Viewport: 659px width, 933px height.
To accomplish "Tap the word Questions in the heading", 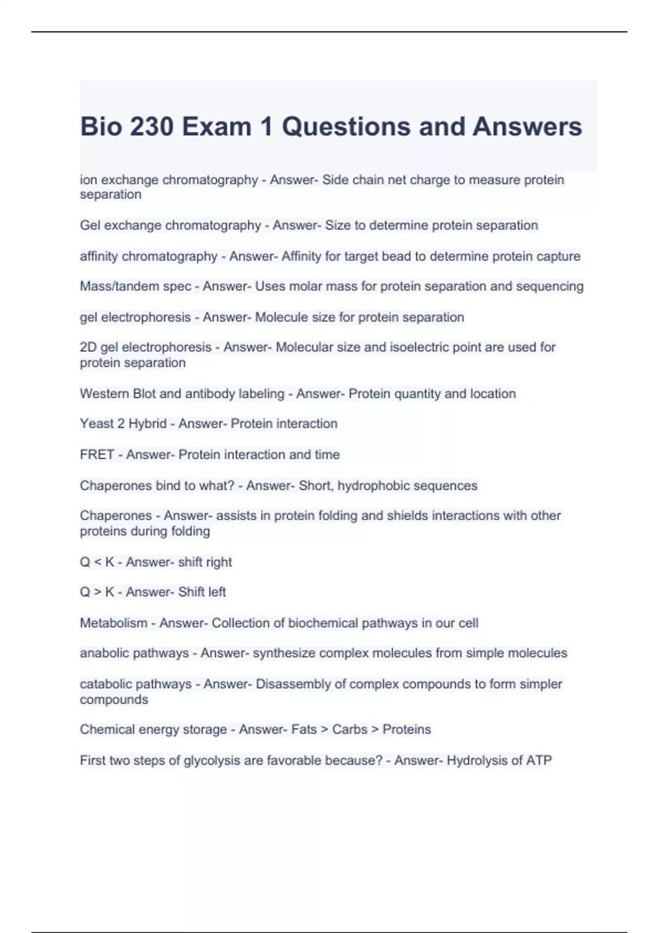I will pyautogui.click(x=346, y=127).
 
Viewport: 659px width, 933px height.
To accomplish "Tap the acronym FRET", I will pyautogui.click(x=97, y=454).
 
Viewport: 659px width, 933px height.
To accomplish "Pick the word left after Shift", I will pyautogui.click(x=217, y=592).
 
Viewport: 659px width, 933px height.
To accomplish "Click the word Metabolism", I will pyautogui.click(x=113, y=623).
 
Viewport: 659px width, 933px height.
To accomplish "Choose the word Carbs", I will pyautogui.click(x=349, y=729).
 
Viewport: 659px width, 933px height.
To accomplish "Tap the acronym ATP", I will pyautogui.click(x=539, y=761).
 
